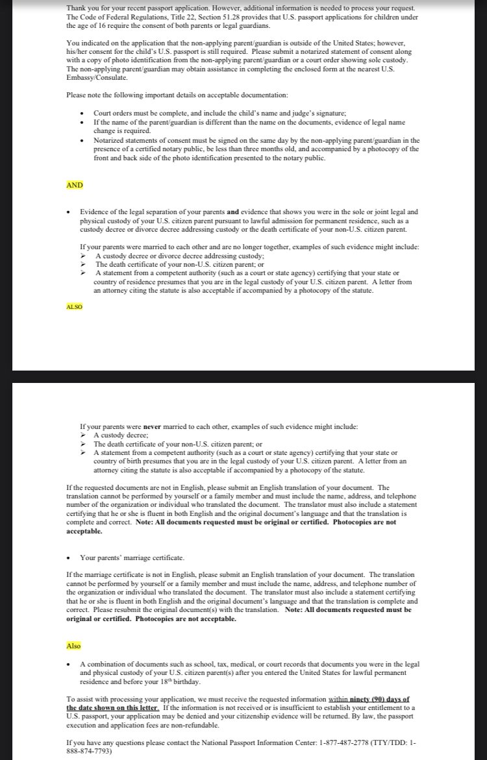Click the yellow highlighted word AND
click(75, 185)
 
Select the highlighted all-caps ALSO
click(74, 306)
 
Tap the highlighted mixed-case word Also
click(74, 646)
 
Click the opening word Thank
click(77, 8)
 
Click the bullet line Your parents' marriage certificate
click(132, 558)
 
